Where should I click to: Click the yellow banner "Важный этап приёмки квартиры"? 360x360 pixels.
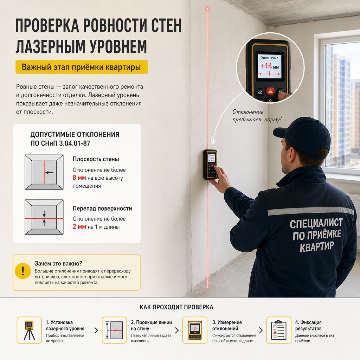[x=82, y=67]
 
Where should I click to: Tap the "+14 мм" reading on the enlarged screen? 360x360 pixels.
[x=270, y=66]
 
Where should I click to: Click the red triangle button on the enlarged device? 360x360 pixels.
[x=270, y=91]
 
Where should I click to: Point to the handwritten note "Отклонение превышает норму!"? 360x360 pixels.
[x=256, y=116]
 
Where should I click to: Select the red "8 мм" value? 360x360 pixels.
[x=79, y=178]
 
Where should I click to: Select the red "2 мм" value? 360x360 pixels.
[x=79, y=227]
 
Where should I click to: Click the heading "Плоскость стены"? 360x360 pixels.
[x=96, y=159]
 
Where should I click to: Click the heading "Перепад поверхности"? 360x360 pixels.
[x=102, y=208]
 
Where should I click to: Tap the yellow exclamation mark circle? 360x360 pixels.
[x=23, y=271]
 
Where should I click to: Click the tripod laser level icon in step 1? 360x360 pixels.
[x=29, y=330]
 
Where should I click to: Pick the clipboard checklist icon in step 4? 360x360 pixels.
[x=279, y=330]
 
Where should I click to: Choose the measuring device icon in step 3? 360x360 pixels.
[x=195, y=330]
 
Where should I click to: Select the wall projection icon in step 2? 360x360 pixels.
[x=114, y=330]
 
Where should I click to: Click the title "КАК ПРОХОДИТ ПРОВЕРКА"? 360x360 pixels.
[x=176, y=307]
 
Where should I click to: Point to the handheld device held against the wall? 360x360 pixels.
[x=210, y=165]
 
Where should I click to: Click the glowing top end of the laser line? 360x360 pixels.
[x=207, y=9]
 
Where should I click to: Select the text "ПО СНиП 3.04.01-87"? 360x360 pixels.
[x=60, y=143]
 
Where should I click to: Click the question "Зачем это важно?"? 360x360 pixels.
[x=58, y=263]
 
